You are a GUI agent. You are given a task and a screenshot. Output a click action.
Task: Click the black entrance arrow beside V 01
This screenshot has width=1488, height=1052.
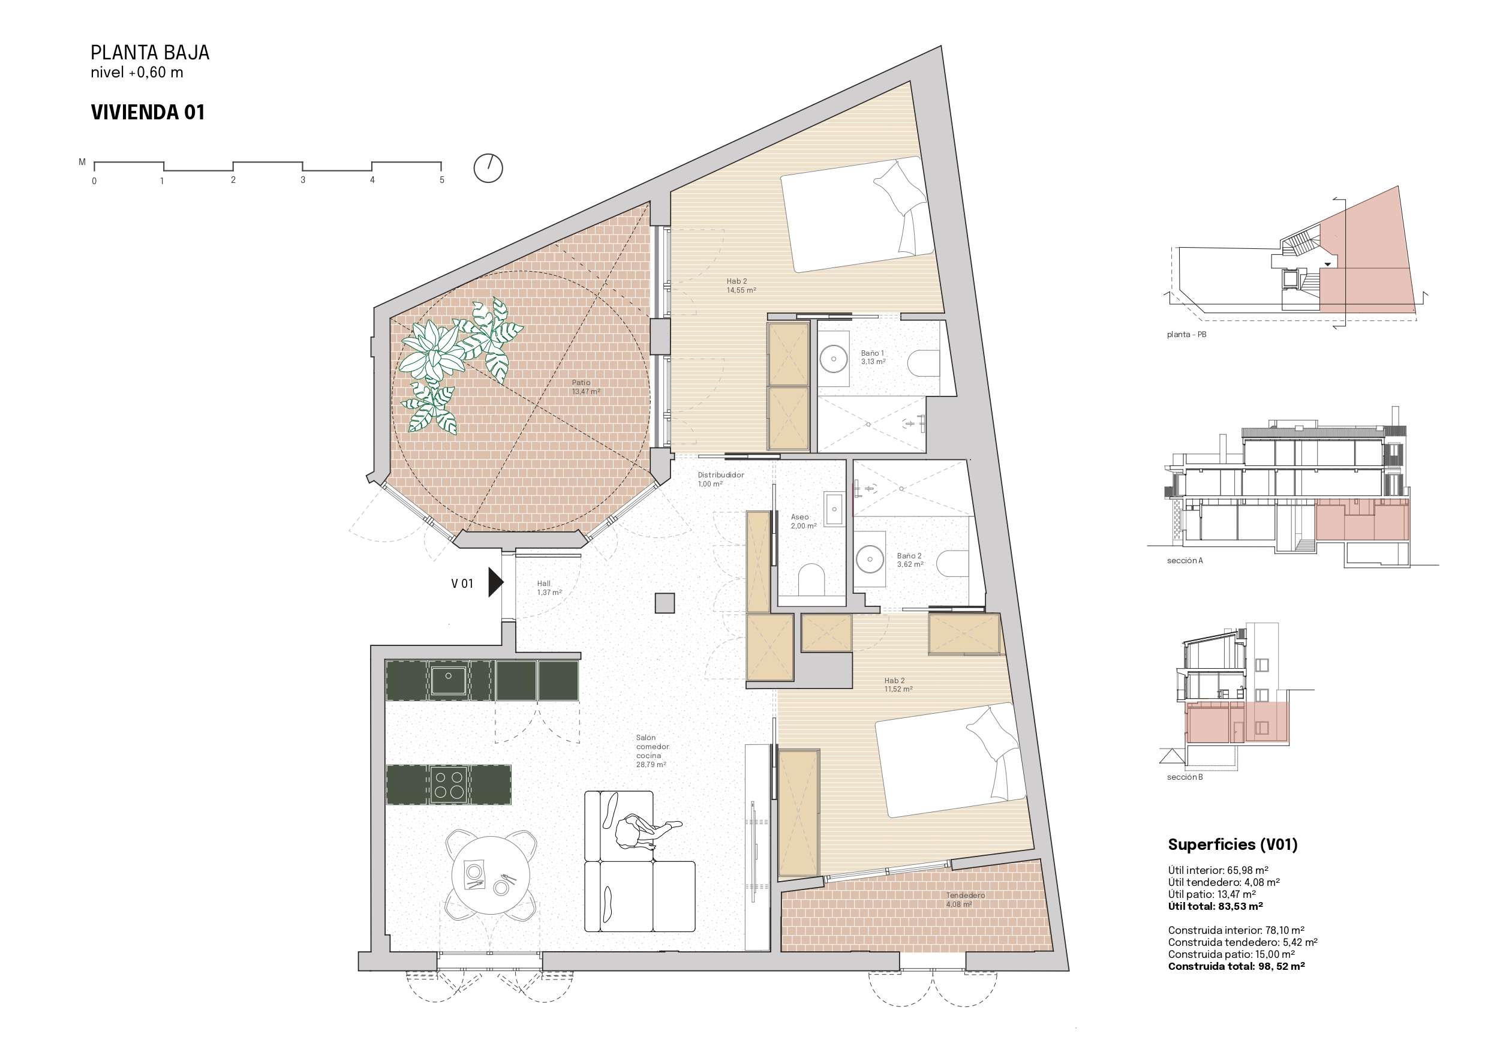(496, 582)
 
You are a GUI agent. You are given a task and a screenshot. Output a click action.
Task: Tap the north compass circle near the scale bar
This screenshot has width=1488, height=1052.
(488, 168)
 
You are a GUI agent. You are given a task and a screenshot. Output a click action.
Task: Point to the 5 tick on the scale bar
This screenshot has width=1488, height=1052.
(442, 180)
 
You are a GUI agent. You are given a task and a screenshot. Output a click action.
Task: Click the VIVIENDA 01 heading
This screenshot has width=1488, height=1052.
(148, 112)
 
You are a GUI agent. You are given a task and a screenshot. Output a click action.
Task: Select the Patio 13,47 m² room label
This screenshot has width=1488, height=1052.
(586, 387)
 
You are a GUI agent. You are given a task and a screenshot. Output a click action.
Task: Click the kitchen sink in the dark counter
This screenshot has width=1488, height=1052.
(449, 680)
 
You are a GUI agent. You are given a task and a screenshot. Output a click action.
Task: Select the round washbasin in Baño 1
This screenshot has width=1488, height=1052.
(834, 359)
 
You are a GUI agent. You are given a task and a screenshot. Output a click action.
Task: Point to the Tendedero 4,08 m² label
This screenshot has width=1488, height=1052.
(965, 900)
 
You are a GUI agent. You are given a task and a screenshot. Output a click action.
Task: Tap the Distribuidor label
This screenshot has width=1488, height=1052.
(721, 474)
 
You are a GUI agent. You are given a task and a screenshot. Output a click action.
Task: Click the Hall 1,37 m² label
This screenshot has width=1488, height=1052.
(549, 588)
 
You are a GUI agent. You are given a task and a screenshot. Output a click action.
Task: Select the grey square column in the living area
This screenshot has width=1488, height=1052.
(665, 603)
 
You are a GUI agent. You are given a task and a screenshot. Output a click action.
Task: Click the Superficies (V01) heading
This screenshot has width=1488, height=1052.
(1233, 844)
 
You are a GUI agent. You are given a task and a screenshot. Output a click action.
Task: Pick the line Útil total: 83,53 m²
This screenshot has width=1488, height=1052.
(1215, 906)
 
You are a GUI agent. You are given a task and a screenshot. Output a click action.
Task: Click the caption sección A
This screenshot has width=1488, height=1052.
(1185, 561)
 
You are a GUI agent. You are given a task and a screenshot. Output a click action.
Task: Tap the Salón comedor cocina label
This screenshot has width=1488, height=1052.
(651, 750)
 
